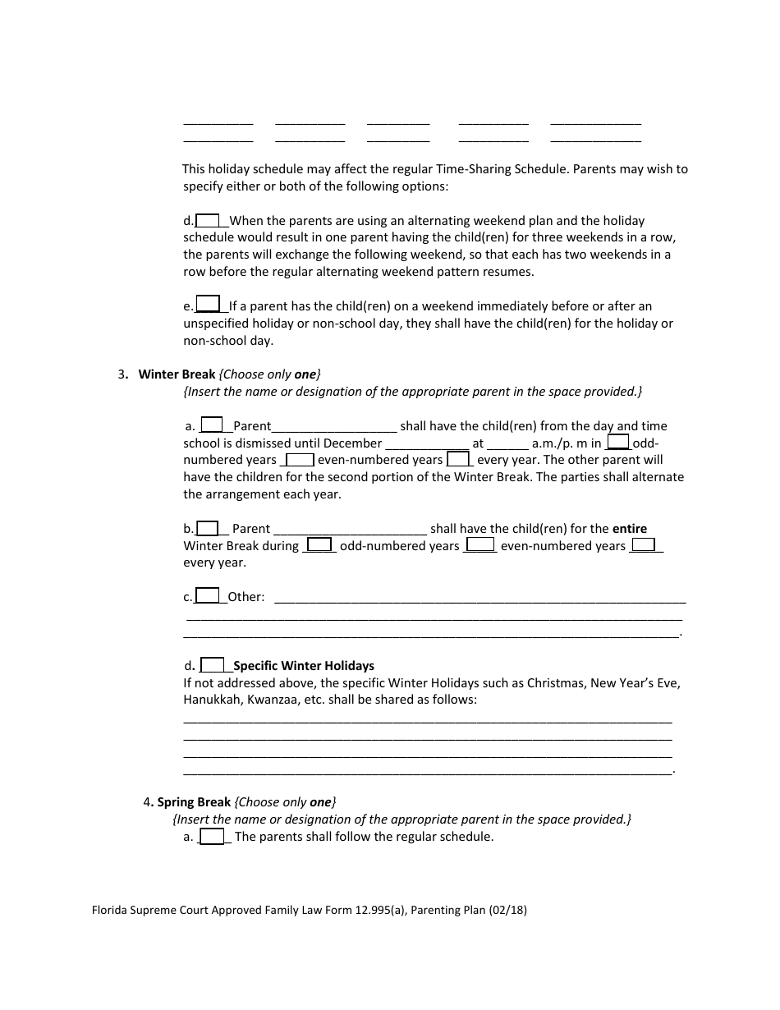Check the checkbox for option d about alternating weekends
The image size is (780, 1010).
(x=208, y=220)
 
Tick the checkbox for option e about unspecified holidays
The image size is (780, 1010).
(x=209, y=305)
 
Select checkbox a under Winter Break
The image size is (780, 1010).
(x=212, y=425)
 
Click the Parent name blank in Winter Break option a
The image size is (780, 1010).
(x=334, y=426)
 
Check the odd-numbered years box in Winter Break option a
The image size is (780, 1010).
(x=617, y=443)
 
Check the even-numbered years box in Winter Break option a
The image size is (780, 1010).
(x=300, y=460)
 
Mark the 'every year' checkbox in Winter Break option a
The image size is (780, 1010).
(x=458, y=460)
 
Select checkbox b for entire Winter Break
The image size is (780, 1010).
(x=208, y=529)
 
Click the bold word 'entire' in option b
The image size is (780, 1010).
(x=630, y=529)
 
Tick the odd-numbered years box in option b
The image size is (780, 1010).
(x=319, y=545)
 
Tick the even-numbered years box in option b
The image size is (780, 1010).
(x=481, y=545)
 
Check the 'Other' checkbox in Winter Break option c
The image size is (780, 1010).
(x=208, y=596)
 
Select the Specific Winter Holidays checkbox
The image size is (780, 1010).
(x=213, y=665)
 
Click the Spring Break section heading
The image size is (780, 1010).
(x=194, y=802)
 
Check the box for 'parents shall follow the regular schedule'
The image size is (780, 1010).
(x=213, y=837)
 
